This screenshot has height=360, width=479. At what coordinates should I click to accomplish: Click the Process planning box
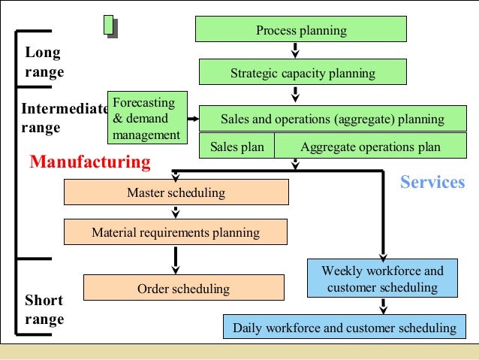click(x=300, y=30)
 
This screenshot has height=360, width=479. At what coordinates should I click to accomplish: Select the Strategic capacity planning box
click(x=302, y=74)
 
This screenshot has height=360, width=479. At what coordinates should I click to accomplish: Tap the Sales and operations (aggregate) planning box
click(x=332, y=119)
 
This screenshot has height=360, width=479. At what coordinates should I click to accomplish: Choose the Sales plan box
click(x=236, y=147)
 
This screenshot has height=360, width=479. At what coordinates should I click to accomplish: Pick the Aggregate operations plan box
click(x=370, y=147)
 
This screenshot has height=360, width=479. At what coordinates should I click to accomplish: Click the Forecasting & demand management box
click(x=145, y=118)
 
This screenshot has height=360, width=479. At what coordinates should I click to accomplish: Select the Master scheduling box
click(x=176, y=193)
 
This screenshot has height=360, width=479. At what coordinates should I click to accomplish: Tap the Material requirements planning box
click(x=176, y=232)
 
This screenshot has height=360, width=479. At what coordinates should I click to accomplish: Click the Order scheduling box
click(x=183, y=289)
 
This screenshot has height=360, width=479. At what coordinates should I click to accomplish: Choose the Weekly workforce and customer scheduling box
click(x=382, y=278)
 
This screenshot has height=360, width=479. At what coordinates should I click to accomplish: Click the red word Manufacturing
click(x=89, y=162)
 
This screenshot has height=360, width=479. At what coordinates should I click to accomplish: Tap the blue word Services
click(x=432, y=182)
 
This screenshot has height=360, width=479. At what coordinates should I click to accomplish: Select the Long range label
click(x=44, y=63)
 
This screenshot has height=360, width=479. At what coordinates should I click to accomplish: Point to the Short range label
click(x=44, y=310)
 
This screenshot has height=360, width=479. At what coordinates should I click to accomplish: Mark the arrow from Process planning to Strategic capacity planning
click(x=295, y=50)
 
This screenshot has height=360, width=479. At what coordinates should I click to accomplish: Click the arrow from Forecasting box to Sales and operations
click(x=191, y=119)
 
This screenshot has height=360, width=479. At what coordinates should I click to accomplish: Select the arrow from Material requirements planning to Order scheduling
click(x=176, y=259)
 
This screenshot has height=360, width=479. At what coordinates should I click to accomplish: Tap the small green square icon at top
click(x=110, y=26)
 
